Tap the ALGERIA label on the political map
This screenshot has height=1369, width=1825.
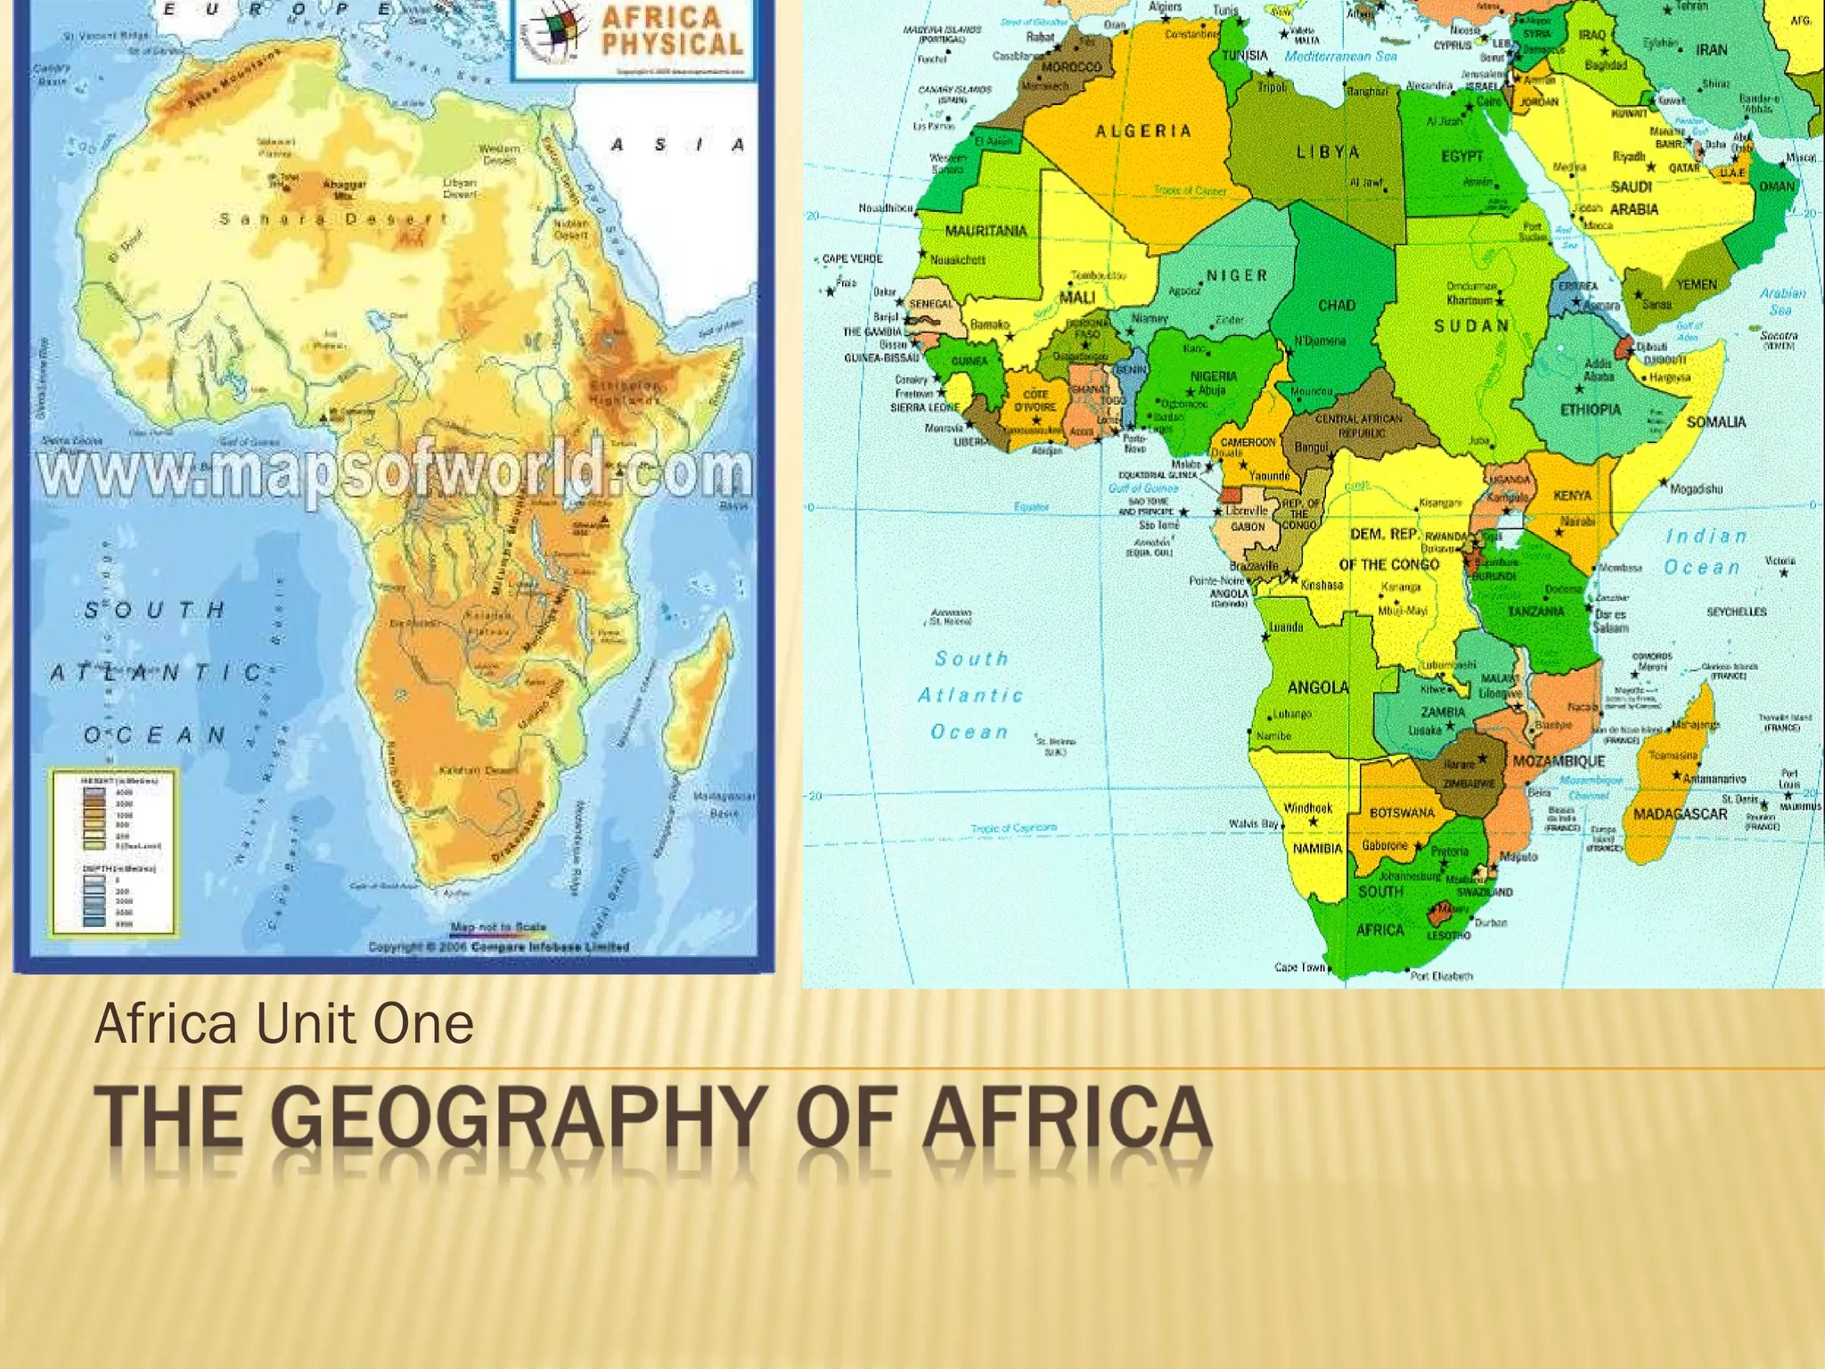point(1143,131)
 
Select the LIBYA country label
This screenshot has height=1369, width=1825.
point(1328,152)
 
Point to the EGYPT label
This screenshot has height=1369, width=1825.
point(1461,156)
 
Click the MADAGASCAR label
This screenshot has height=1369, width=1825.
point(1680,814)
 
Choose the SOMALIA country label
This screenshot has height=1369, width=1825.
point(1715,422)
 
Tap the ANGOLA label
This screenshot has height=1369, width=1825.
point(1318,687)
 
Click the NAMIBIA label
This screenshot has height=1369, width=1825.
point(1317,848)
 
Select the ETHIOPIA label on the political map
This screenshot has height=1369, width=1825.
point(1591,410)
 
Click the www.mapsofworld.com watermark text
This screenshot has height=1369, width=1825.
point(392,472)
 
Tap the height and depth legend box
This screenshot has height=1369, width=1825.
point(112,851)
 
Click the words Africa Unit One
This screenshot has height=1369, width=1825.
point(283,1023)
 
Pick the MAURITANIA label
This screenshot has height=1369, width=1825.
point(986,231)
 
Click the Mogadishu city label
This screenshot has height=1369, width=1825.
point(1696,488)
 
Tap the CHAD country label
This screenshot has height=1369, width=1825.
point(1337,306)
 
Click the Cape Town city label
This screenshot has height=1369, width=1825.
point(1299,967)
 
